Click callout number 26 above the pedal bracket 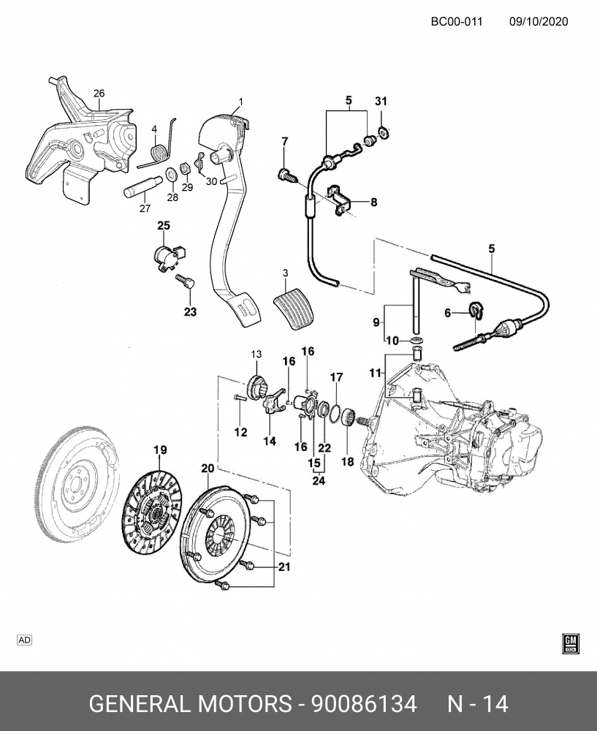[x=99, y=93]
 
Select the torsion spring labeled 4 [x=156, y=152]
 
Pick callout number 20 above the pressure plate [x=208, y=468]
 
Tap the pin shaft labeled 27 [x=139, y=188]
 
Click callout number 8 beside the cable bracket [x=373, y=202]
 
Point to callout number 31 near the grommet [x=380, y=100]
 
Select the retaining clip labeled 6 [x=476, y=310]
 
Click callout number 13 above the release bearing [x=256, y=355]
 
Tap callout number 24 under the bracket [x=318, y=480]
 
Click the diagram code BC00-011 [x=456, y=21]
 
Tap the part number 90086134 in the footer [x=364, y=704]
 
